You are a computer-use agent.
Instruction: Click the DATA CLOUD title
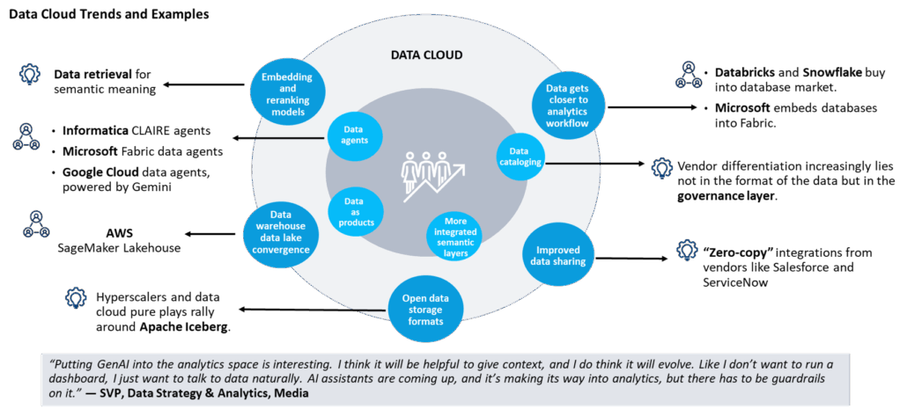(x=426, y=55)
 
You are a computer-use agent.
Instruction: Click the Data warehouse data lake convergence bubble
(x=278, y=232)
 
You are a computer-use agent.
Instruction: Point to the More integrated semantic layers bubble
(x=456, y=236)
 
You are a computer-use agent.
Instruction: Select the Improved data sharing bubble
(x=556, y=255)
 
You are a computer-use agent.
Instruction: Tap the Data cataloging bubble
(x=524, y=157)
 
